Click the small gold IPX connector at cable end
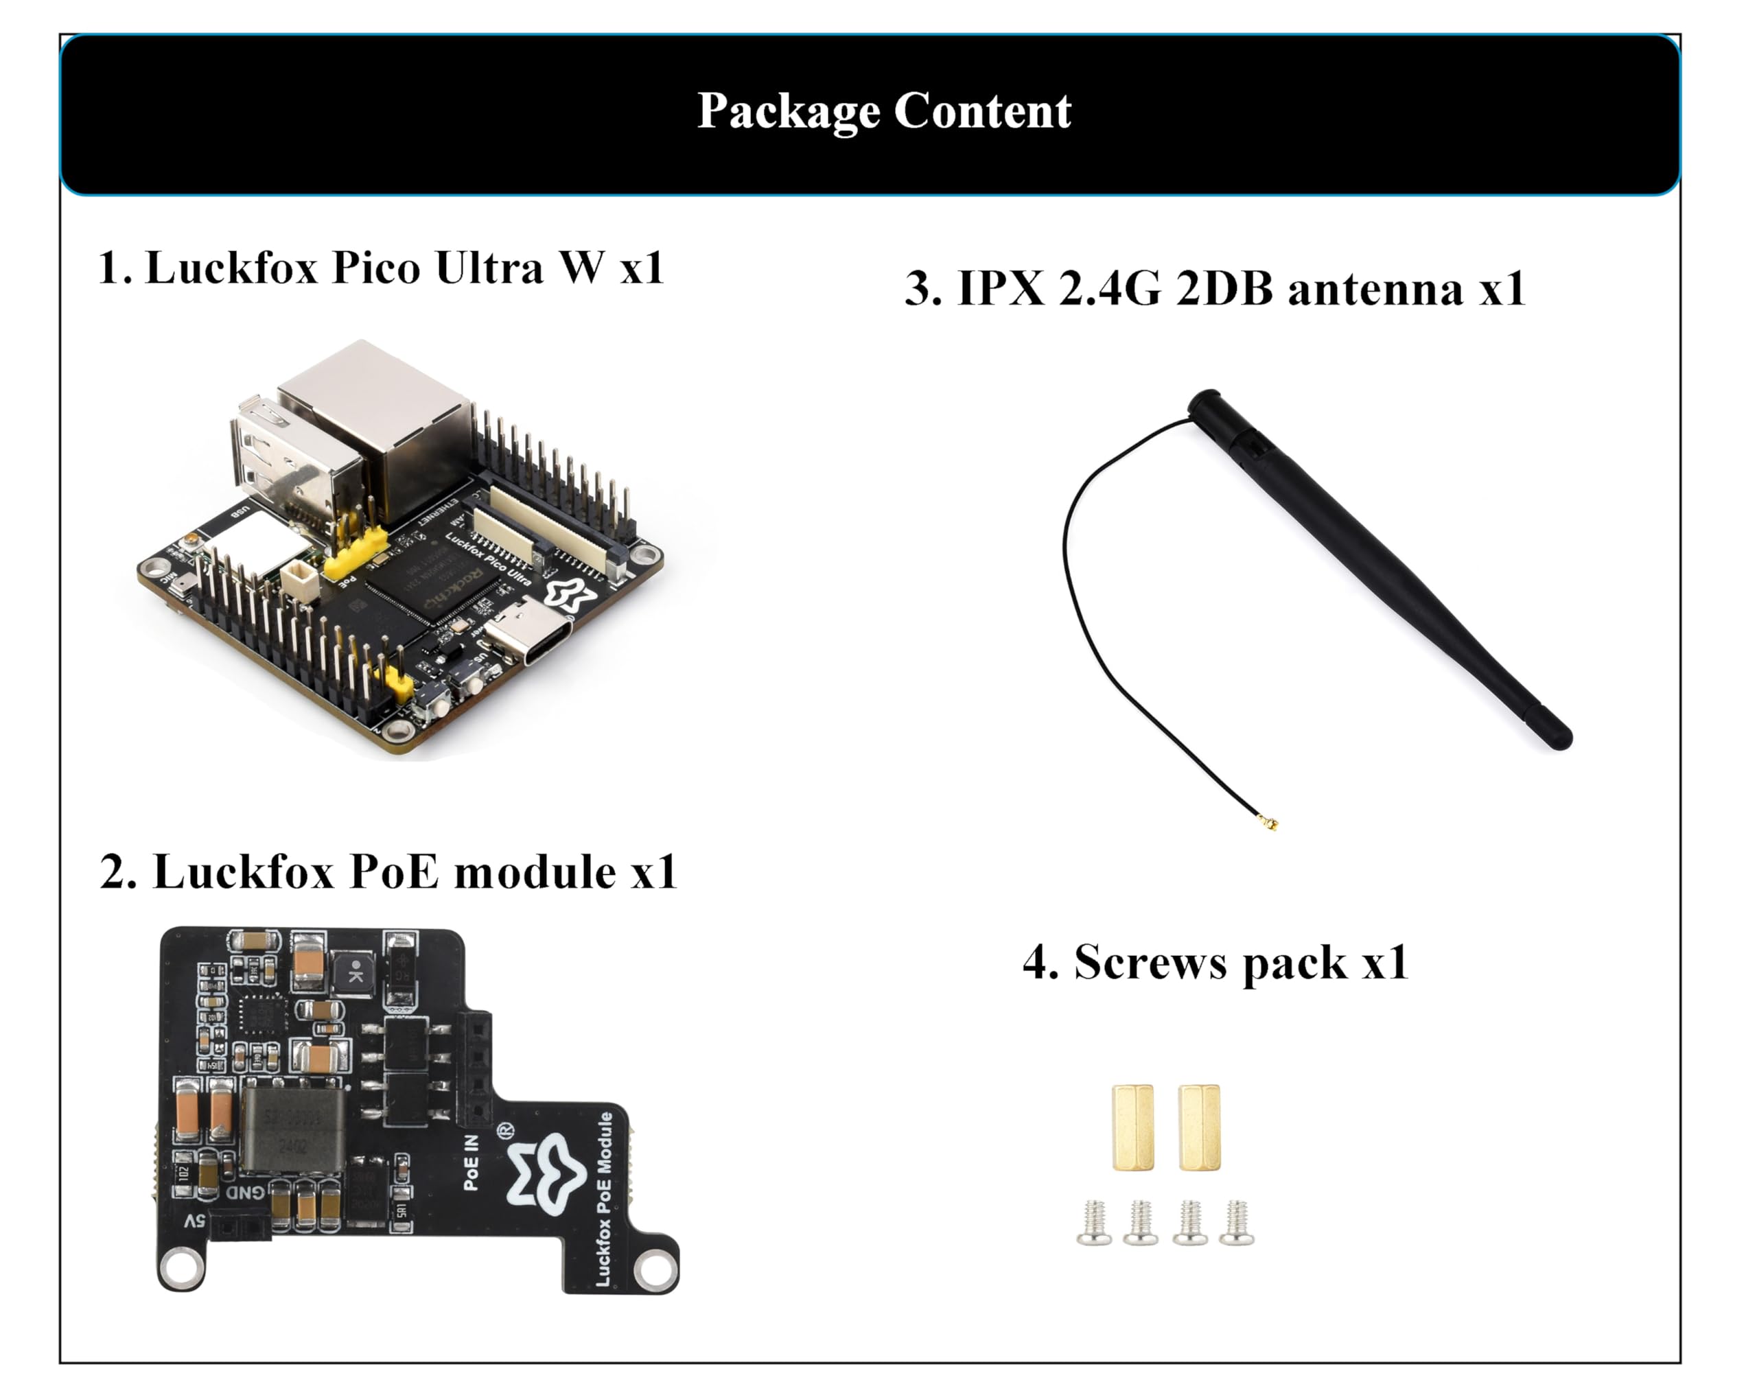click(1268, 822)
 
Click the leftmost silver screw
click(1093, 1222)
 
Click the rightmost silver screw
click(1236, 1222)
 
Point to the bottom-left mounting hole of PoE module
click(181, 1267)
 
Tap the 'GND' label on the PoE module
click(244, 1192)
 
